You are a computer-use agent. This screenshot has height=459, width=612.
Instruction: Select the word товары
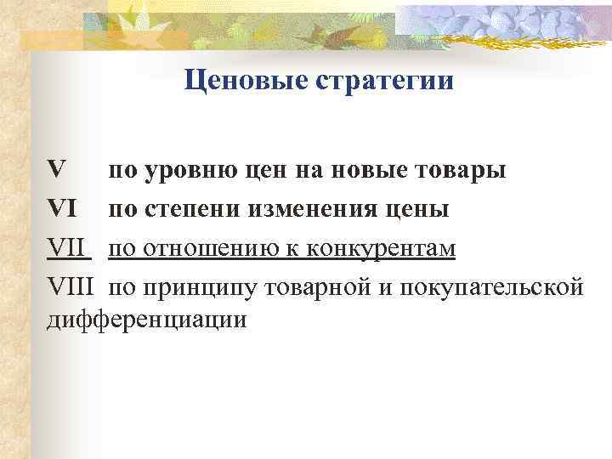(464, 171)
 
